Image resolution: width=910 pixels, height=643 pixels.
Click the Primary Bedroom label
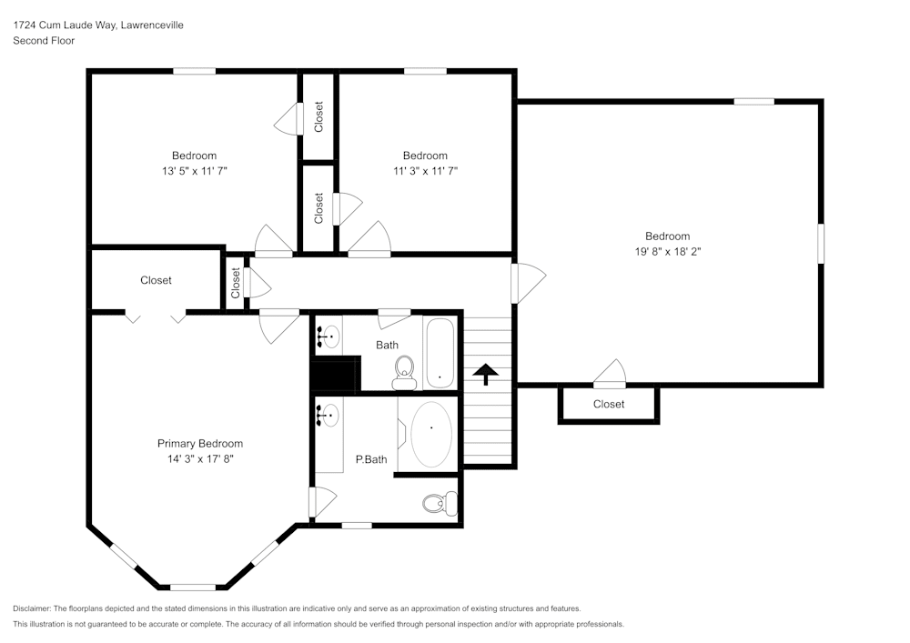(199, 444)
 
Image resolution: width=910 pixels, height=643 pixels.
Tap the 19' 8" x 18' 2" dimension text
(667, 252)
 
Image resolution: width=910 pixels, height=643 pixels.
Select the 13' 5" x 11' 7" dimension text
(195, 171)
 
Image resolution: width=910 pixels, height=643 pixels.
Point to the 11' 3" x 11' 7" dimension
(425, 171)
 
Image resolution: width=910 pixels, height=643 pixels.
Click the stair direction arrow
(485, 374)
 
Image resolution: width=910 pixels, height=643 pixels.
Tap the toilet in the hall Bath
(404, 372)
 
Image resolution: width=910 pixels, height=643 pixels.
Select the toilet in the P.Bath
(440, 503)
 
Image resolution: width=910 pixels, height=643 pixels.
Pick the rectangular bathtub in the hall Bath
(440, 354)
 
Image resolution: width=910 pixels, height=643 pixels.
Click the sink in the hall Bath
(328, 336)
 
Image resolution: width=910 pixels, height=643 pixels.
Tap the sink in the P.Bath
(328, 415)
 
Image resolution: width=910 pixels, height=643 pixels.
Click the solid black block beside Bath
(336, 374)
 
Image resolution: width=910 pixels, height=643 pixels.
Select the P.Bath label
(371, 459)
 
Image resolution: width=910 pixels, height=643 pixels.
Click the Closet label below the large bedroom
(609, 404)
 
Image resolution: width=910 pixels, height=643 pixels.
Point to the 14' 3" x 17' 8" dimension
(200, 459)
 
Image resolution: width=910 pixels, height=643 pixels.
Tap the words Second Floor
(44, 41)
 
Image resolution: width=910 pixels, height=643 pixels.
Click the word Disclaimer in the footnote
(32, 608)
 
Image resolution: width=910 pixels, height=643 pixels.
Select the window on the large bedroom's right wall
(821, 244)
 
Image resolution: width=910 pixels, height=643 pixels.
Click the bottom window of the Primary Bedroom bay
(193, 587)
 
